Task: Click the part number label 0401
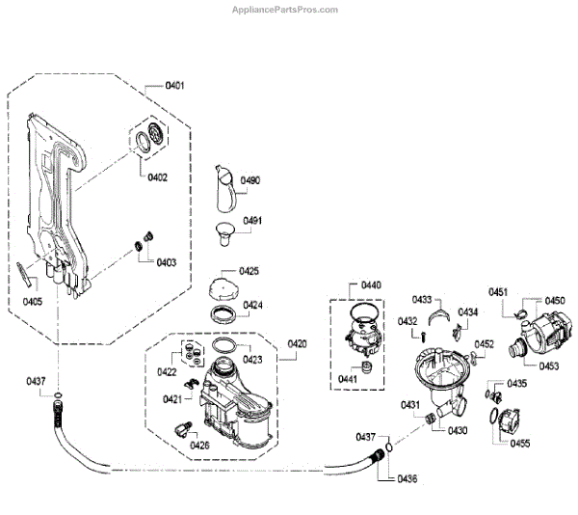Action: [x=174, y=86]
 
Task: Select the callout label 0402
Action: [x=157, y=176]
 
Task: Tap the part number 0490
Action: [x=251, y=180]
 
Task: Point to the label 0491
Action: [x=252, y=220]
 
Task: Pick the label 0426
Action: [x=199, y=445]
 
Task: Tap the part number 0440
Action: [x=371, y=285]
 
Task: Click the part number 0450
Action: [x=555, y=301]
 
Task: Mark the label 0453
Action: [x=547, y=366]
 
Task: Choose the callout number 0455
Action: [x=520, y=443]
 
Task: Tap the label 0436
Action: [x=407, y=478]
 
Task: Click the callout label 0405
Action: [x=33, y=301]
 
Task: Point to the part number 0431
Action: [x=410, y=404]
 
